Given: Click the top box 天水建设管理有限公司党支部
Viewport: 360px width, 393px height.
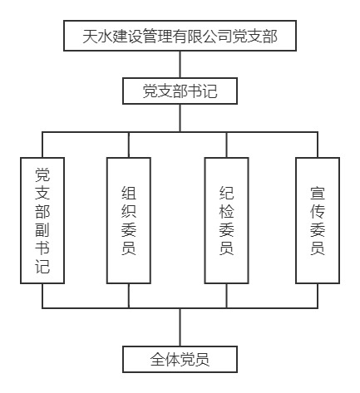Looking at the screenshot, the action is click(180, 36).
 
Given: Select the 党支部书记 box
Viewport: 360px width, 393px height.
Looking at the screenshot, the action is click(180, 91).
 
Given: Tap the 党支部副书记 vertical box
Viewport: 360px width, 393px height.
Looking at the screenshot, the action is click(42, 221).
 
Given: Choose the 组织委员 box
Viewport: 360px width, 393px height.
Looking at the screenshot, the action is click(129, 221).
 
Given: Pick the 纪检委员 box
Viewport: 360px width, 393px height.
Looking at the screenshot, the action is click(226, 221).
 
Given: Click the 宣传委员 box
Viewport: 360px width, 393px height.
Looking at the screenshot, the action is click(318, 221).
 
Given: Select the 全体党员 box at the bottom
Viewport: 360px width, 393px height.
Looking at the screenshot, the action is click(180, 359).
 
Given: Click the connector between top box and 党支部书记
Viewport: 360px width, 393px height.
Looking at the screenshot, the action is click(180, 65).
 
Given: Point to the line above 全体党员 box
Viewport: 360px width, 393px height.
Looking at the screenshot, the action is click(180, 327).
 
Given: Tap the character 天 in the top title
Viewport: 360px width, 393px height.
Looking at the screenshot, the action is click(91, 36).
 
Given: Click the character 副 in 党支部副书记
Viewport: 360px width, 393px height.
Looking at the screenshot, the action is click(42, 230).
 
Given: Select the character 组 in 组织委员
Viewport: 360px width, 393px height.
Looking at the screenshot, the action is click(129, 193).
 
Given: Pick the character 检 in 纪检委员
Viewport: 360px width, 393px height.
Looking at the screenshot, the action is click(226, 212).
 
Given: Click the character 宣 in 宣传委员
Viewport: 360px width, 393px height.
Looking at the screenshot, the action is click(318, 193).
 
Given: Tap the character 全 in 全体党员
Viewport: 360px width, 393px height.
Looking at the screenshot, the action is click(158, 360).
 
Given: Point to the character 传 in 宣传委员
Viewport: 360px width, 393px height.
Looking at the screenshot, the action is click(318, 212).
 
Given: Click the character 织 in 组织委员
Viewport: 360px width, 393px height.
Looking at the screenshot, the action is click(129, 212).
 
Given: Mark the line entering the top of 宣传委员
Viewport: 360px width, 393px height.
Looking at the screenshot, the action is click(318, 145).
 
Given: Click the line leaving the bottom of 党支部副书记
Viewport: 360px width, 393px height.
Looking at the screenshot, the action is click(42, 296).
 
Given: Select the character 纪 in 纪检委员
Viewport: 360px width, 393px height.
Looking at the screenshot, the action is click(226, 193).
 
